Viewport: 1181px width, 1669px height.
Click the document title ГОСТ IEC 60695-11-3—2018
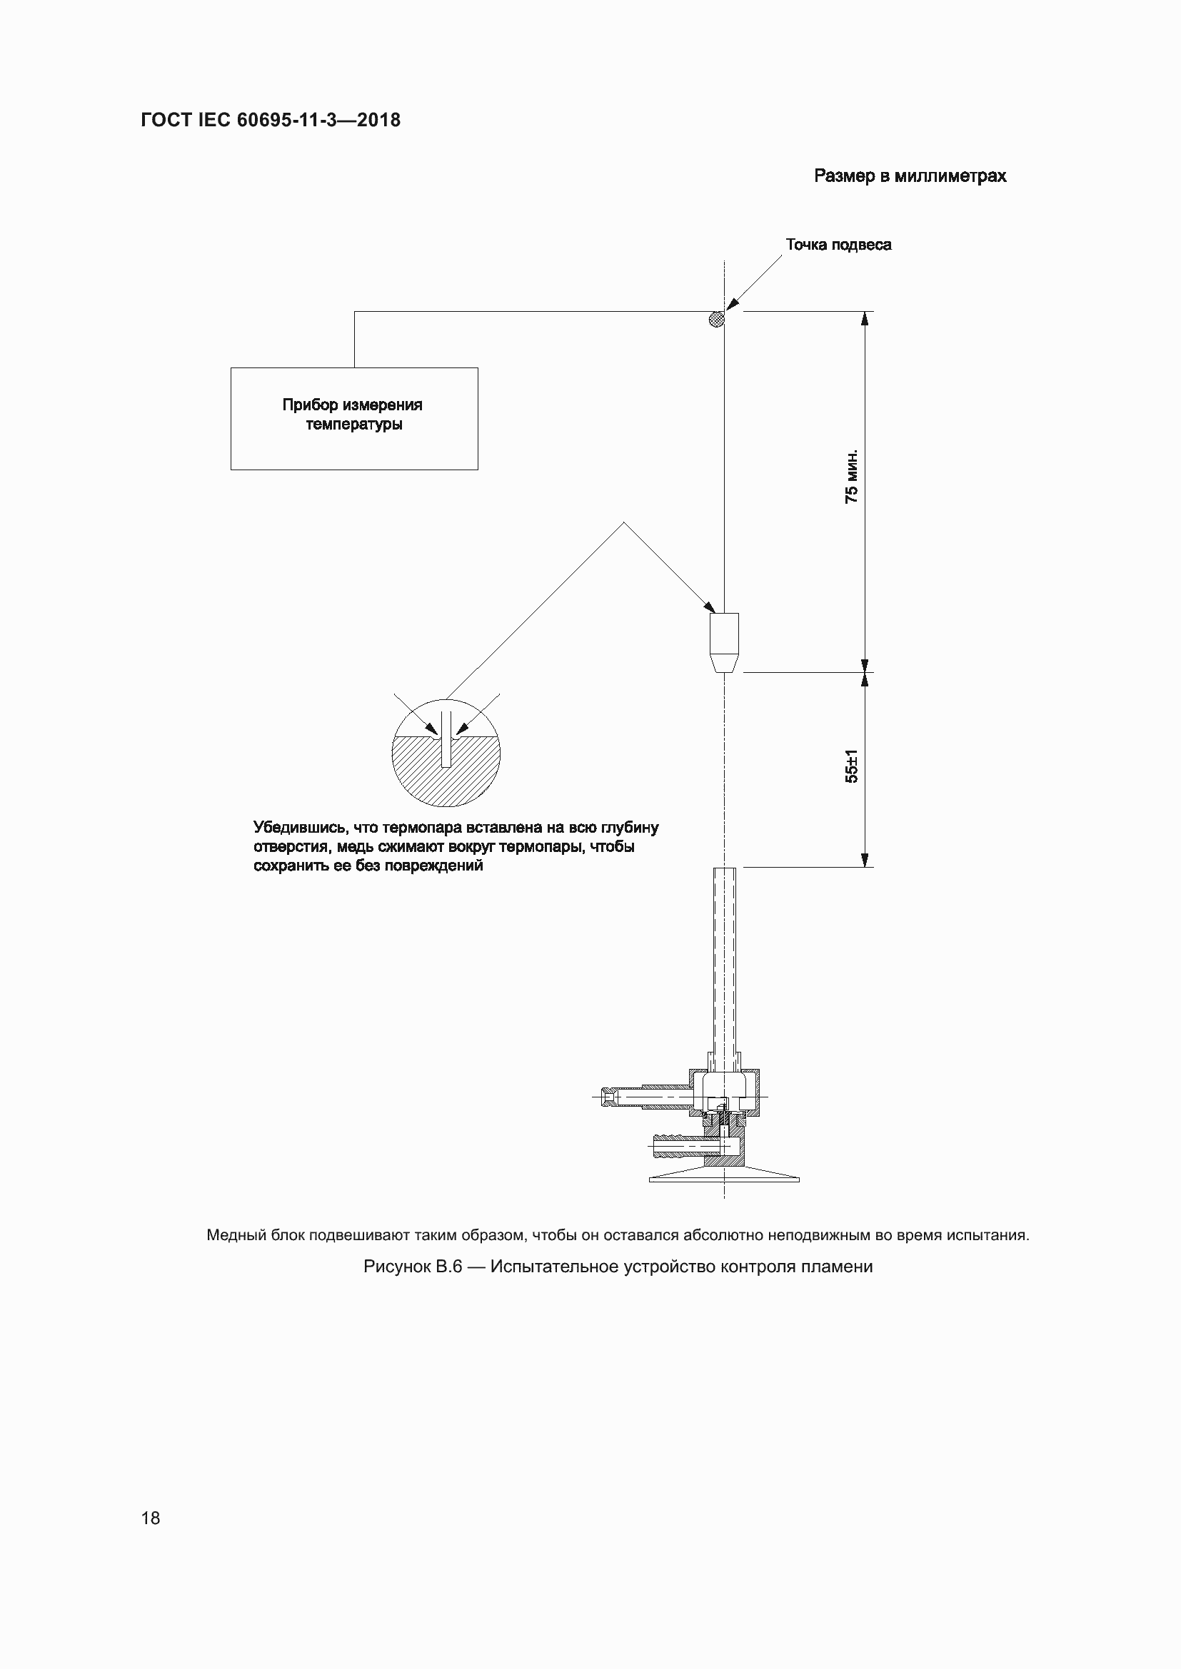click(x=271, y=120)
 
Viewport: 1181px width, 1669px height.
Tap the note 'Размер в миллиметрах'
click(x=910, y=177)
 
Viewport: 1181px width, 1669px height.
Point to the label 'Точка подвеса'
click(x=838, y=245)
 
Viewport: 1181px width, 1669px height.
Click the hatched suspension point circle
click(x=717, y=318)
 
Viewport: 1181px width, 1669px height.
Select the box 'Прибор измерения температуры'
click(x=354, y=419)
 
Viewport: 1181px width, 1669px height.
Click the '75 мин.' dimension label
click(x=852, y=476)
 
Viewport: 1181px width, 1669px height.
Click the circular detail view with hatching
click(x=446, y=753)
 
